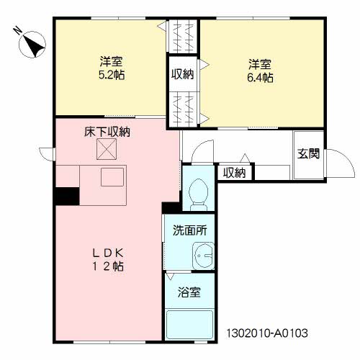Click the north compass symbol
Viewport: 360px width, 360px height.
click(x=32, y=45)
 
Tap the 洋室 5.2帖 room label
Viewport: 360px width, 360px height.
click(x=112, y=68)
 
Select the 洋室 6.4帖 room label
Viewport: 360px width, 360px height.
click(x=260, y=71)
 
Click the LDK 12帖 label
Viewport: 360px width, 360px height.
click(x=108, y=259)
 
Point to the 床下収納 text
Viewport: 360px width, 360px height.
click(x=107, y=132)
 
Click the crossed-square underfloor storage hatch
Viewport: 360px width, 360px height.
click(x=107, y=149)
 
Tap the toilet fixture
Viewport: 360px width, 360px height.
click(x=198, y=194)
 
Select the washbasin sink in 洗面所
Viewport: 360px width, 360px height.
click(x=203, y=256)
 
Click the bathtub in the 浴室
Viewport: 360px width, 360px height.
click(x=189, y=325)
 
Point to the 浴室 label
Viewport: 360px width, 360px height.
click(x=189, y=292)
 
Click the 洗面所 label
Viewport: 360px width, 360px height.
click(x=190, y=230)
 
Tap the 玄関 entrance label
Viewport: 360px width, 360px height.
click(x=308, y=154)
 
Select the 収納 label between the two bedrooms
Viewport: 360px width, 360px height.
click(x=182, y=74)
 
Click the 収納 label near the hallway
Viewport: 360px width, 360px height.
click(x=235, y=173)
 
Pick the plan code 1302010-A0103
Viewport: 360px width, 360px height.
click(x=267, y=333)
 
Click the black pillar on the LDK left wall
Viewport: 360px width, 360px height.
click(x=67, y=197)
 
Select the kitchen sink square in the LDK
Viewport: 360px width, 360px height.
click(x=112, y=177)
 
